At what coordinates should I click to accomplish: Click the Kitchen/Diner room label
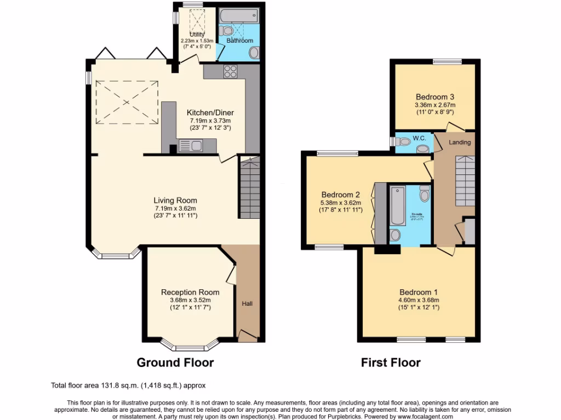(211, 113)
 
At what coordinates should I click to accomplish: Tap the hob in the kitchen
(230, 71)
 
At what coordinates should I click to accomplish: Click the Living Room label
(175, 200)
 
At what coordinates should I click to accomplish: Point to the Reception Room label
(190, 292)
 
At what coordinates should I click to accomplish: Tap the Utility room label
(197, 34)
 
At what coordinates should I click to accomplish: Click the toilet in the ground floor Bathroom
(254, 53)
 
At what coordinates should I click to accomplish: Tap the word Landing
(460, 142)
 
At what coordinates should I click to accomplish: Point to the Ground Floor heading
(175, 362)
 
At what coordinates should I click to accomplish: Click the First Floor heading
(391, 362)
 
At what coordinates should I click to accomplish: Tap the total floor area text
(129, 386)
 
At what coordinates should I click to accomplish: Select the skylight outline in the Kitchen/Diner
(128, 103)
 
